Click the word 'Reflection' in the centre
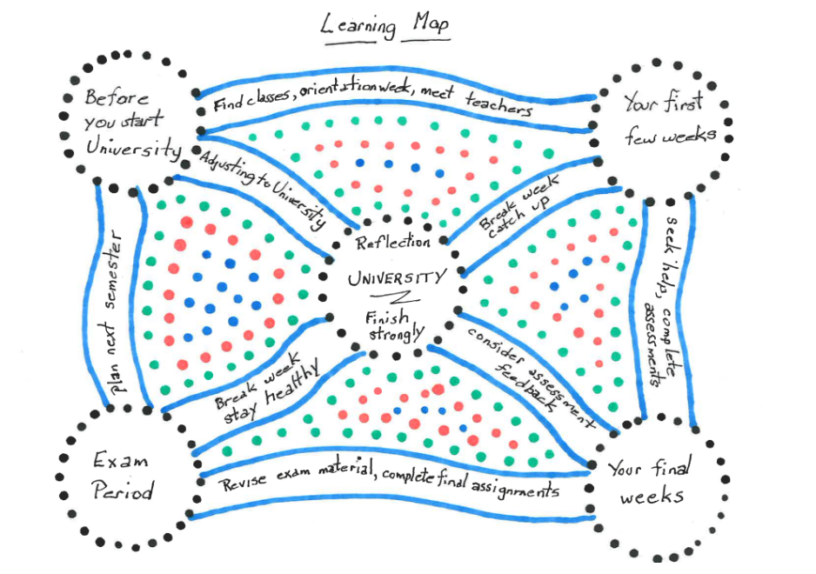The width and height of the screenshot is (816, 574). (393, 243)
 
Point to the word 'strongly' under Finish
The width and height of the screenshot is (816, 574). (395, 333)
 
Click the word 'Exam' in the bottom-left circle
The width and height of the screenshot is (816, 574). (120, 459)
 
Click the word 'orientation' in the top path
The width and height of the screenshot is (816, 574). (339, 98)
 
